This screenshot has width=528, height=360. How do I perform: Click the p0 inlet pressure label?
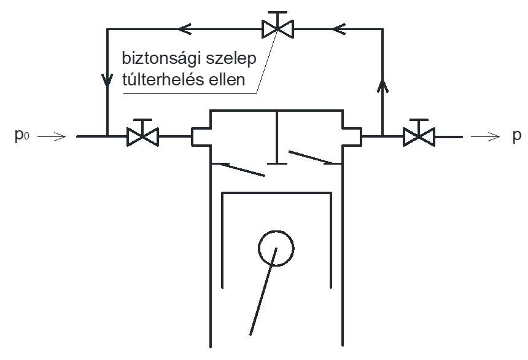point(20,136)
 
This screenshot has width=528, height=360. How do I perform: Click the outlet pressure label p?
point(516,136)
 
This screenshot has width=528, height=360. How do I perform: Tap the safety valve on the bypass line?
point(277,27)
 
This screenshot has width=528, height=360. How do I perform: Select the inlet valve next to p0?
point(142,135)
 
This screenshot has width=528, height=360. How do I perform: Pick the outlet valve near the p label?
point(419,135)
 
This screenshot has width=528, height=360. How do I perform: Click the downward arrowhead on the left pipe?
point(107,80)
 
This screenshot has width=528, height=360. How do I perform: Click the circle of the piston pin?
point(276,248)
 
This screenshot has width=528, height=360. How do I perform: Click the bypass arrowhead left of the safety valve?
point(185,28)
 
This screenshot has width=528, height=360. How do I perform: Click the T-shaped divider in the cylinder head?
point(276,138)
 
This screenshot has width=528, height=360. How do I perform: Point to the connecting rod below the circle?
point(263,291)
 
